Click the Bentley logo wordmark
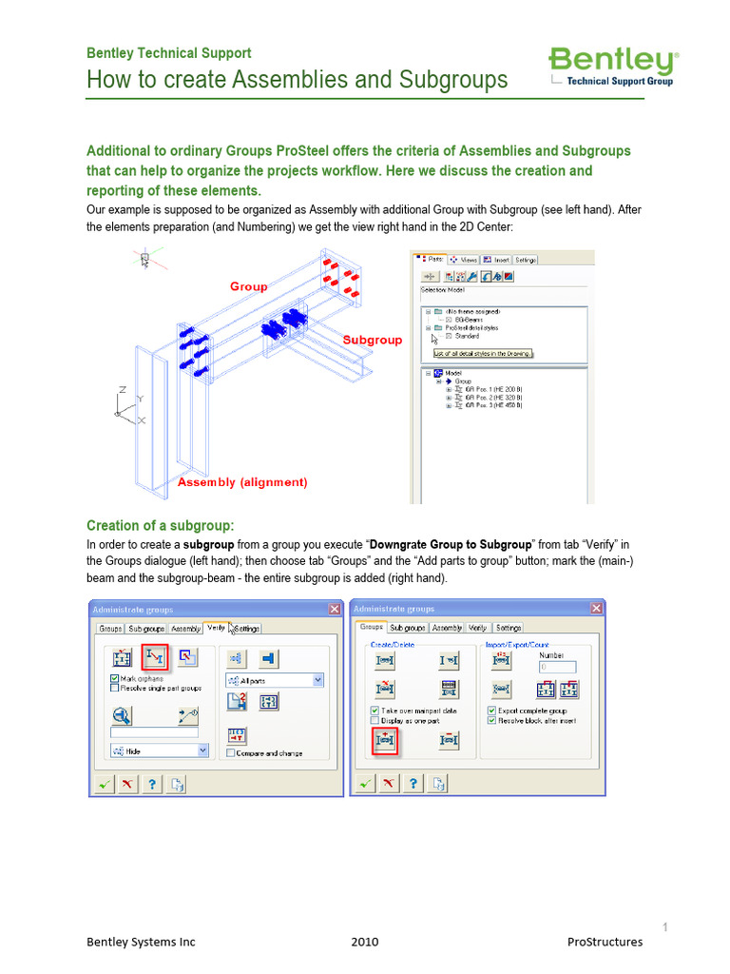tap(612, 62)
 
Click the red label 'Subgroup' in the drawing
tap(372, 340)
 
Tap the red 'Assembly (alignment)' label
tap(242, 482)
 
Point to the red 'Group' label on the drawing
tap(248, 286)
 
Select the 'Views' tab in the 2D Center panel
tap(464, 259)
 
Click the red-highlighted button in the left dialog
tap(155, 656)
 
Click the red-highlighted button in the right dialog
tap(385, 739)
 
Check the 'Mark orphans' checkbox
tap(115, 678)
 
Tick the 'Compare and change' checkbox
tap(231, 752)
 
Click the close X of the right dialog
tap(595, 609)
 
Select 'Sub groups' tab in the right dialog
tap(408, 628)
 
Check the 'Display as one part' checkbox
tap(375, 720)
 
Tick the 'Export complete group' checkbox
tap(491, 710)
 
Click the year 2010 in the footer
tap(364, 942)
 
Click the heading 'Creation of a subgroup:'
tap(160, 525)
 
